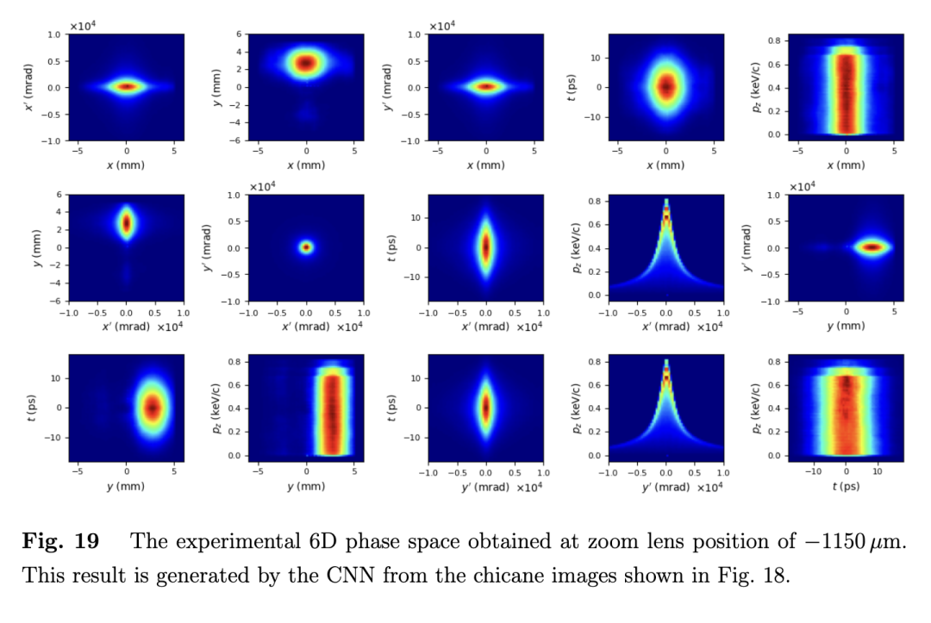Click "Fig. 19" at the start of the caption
pyautogui.click(x=59, y=542)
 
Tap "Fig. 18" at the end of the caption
pyautogui.click(x=757, y=575)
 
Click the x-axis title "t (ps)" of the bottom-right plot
pyautogui.click(x=846, y=486)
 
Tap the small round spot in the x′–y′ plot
pyautogui.click(x=306, y=247)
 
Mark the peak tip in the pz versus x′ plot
pyautogui.click(x=666, y=202)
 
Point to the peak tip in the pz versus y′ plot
pyautogui.click(x=666, y=363)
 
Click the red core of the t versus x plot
pyautogui.click(x=666, y=86)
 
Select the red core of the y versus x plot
pyautogui.click(x=306, y=63)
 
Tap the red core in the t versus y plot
pyautogui.click(x=153, y=408)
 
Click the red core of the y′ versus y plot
pyautogui.click(x=872, y=247)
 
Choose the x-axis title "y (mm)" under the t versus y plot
pyautogui.click(x=126, y=486)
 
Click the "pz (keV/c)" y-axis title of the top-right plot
pyautogui.click(x=756, y=87)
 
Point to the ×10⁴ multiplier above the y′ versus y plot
pyautogui.click(x=802, y=187)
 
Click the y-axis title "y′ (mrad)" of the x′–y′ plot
pyautogui.click(x=208, y=247)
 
